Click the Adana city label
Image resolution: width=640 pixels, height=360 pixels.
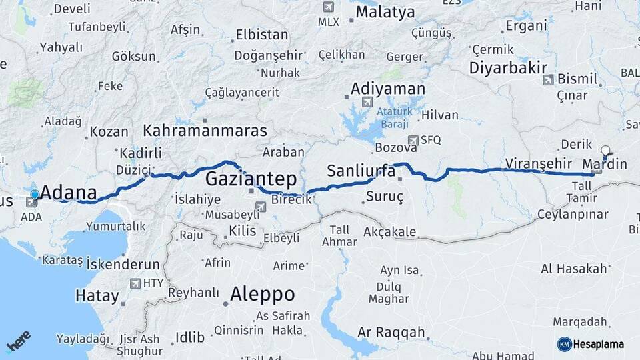(x=69, y=193)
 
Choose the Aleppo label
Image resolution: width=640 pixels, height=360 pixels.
(x=262, y=294)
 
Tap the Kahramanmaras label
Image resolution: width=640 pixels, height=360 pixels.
(x=205, y=130)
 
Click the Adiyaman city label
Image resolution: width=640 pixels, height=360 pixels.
(x=387, y=89)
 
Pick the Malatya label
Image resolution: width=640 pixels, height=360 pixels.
(x=385, y=12)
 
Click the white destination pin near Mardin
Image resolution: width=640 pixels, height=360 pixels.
(x=605, y=151)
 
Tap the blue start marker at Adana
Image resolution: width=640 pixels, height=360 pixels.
(x=35, y=195)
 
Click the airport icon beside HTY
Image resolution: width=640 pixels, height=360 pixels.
(x=137, y=283)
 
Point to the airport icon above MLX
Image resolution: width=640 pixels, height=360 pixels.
(x=328, y=7)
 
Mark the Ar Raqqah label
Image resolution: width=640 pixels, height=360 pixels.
(x=391, y=332)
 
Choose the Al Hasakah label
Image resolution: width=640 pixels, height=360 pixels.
(x=574, y=269)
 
